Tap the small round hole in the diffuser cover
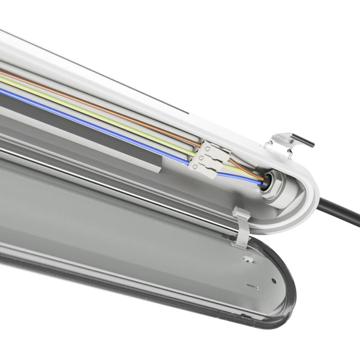click(x=273, y=280)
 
